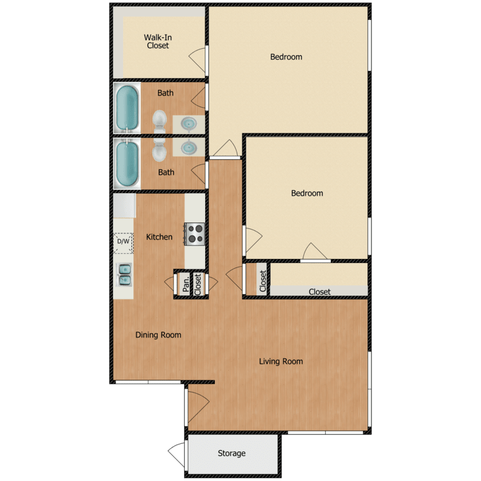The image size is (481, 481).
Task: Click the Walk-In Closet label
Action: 158,42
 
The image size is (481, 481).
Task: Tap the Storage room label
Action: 232,453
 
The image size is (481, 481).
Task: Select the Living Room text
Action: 281,362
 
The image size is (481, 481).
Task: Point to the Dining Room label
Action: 158,335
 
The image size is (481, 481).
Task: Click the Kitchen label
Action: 159,237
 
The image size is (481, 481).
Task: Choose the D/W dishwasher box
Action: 123,242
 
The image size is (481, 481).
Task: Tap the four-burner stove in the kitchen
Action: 194,233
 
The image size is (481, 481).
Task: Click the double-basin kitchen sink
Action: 124,274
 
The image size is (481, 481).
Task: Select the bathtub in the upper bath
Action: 127,108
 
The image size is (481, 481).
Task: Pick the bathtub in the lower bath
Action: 127,164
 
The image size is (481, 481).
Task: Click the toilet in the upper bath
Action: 160,120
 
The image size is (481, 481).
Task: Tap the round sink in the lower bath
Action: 190,148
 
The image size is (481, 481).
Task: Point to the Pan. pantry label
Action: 185,283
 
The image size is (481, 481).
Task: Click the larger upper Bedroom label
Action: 286,57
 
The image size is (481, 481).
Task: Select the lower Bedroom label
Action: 307,193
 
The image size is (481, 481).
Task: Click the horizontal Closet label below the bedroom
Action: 319,292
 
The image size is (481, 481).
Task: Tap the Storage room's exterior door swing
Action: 176,455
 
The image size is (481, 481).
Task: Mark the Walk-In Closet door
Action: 199,59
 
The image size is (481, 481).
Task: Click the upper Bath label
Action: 165,93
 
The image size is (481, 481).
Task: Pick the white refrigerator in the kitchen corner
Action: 124,207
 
